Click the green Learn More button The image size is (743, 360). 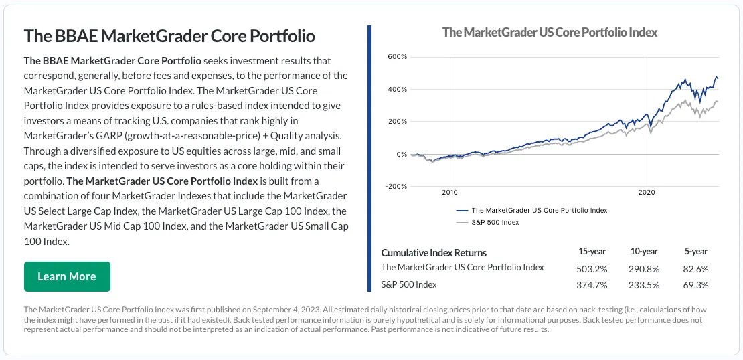coord(67,276)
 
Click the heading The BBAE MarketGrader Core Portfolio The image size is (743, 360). coord(169,36)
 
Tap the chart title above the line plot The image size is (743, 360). coord(550,32)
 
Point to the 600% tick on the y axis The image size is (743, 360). coord(397,57)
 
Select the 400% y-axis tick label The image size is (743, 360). coord(397,89)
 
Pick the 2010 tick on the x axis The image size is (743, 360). coord(449,193)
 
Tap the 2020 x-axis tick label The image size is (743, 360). coord(647,193)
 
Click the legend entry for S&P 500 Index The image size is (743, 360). coord(488,223)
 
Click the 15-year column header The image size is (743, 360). coord(592,252)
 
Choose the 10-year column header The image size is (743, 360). coord(644,252)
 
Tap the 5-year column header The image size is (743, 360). coord(695,252)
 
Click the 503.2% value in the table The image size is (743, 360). coord(592,269)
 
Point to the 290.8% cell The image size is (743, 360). coord(644,269)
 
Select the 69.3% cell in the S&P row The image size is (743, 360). coord(695,285)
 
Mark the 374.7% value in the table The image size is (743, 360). coord(592,285)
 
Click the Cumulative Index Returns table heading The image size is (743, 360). coord(434,252)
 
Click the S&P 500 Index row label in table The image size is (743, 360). coord(409,284)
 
